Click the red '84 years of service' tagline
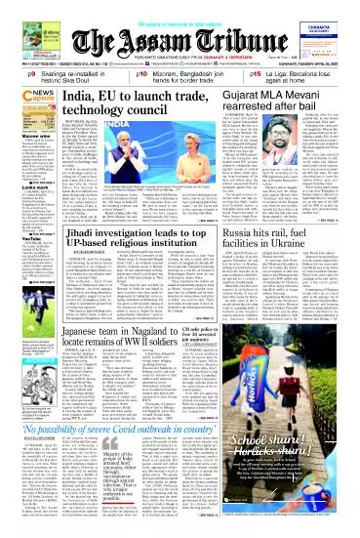[x=180, y=9]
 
